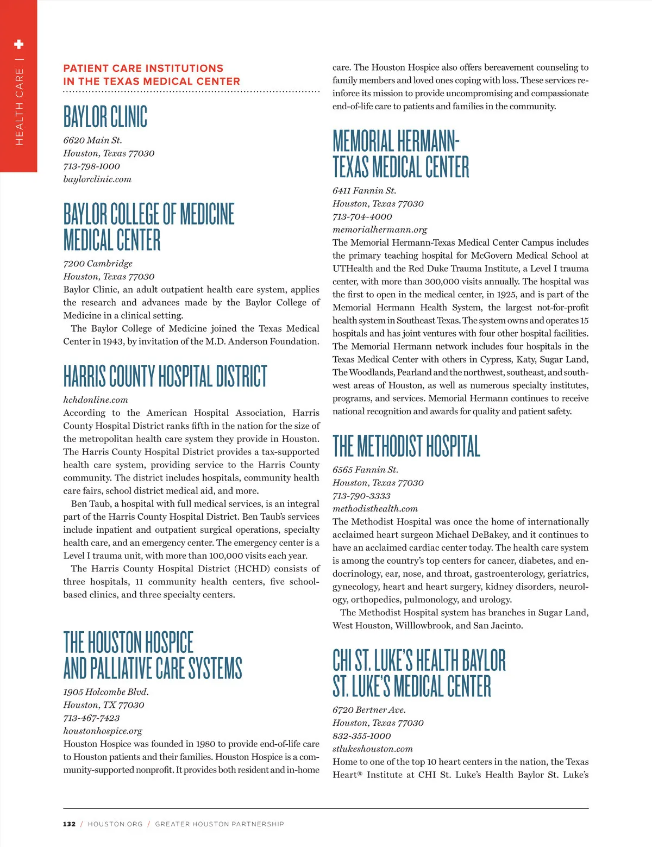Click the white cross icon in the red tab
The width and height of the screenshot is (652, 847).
(18, 44)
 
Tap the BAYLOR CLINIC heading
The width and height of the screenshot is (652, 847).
(105, 116)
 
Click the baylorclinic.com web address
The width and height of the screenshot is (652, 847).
(97, 179)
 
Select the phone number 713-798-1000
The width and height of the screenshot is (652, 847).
(91, 166)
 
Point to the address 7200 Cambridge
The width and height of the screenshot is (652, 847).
(98, 264)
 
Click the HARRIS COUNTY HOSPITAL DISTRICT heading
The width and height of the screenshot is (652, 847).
(165, 376)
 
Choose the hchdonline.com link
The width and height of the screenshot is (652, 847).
(96, 400)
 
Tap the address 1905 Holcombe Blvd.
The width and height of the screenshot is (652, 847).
(106, 692)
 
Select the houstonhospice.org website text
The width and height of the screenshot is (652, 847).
(103, 731)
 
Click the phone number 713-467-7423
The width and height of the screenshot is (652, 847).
(91, 718)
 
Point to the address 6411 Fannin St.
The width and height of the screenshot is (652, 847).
(364, 191)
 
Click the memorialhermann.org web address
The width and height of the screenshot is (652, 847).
(380, 230)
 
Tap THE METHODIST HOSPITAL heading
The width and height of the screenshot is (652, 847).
(406, 446)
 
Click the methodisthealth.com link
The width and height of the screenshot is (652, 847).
(375, 509)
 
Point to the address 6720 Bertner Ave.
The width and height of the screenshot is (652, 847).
(369, 710)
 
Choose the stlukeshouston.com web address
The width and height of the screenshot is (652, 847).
(373, 749)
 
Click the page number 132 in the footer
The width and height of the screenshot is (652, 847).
(69, 824)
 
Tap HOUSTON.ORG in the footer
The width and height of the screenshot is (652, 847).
(115, 824)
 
